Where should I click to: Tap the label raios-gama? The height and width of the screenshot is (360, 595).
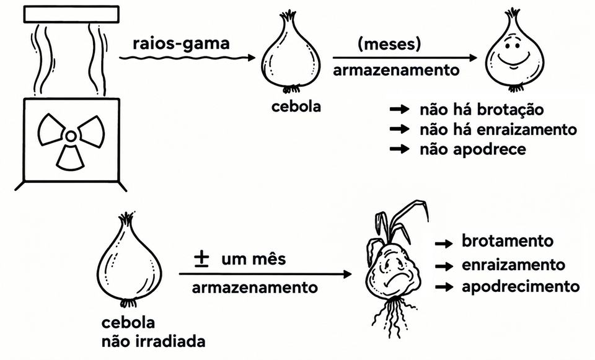click(182, 43)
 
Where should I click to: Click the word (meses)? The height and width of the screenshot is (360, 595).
click(389, 45)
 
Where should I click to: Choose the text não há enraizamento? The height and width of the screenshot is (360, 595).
click(498, 130)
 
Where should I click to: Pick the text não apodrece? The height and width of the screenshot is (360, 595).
click(473, 149)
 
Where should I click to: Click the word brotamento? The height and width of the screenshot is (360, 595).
click(508, 241)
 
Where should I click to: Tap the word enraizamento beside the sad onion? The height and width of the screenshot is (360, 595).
click(513, 265)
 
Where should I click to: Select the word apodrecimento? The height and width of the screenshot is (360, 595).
click(521, 286)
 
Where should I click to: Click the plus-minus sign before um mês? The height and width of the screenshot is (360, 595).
click(201, 259)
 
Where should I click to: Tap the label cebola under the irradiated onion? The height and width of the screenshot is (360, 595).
click(296, 107)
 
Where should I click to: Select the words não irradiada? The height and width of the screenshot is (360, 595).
click(153, 341)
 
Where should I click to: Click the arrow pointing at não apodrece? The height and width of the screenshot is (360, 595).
click(400, 149)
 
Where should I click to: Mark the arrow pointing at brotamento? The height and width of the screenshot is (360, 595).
click(444, 244)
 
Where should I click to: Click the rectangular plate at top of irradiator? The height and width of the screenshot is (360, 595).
click(71, 14)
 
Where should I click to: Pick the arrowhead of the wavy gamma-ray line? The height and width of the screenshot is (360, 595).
click(252, 58)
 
